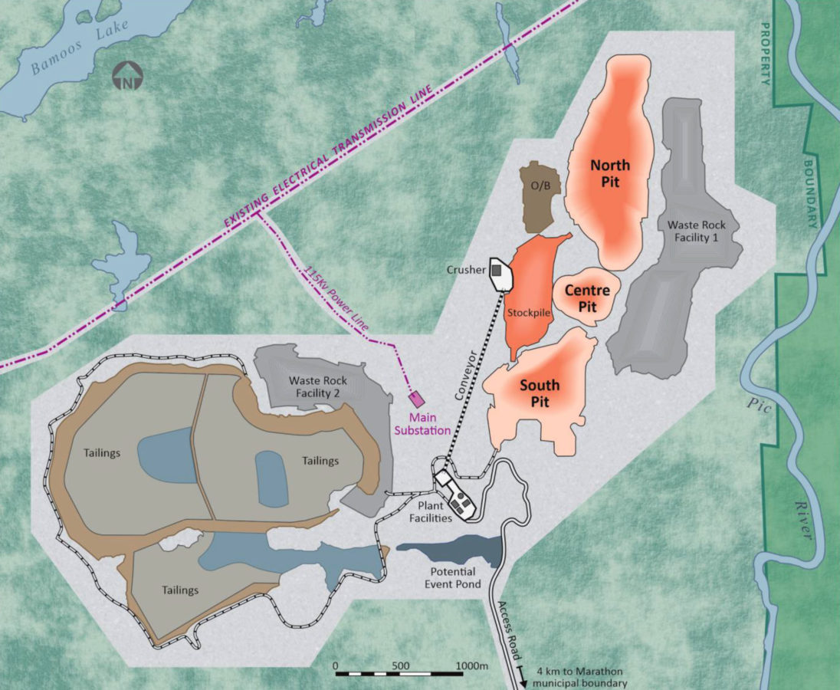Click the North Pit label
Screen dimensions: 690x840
tap(610, 173)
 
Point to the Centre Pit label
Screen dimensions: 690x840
tap(587, 298)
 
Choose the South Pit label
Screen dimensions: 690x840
tap(540, 393)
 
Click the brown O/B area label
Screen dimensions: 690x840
tap(541, 186)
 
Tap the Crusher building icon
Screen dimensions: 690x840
tap(499, 271)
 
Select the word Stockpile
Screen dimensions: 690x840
tap(526, 314)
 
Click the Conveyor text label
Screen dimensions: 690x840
tap(465, 375)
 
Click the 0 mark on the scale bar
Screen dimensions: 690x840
tap(336, 665)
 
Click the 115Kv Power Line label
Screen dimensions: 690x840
tap(337, 298)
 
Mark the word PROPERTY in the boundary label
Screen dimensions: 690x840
tap(766, 53)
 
